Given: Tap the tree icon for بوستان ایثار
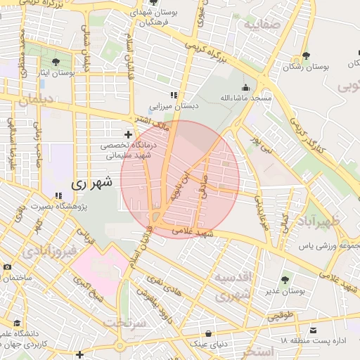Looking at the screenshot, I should [x=56, y=62].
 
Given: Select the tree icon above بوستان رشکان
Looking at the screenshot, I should [x=305, y=56].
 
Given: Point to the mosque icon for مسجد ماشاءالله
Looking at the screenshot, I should [x=245, y=87].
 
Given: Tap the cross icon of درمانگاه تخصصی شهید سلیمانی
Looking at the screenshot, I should [x=127, y=134].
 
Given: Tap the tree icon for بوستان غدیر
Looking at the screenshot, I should [x=285, y=281].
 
